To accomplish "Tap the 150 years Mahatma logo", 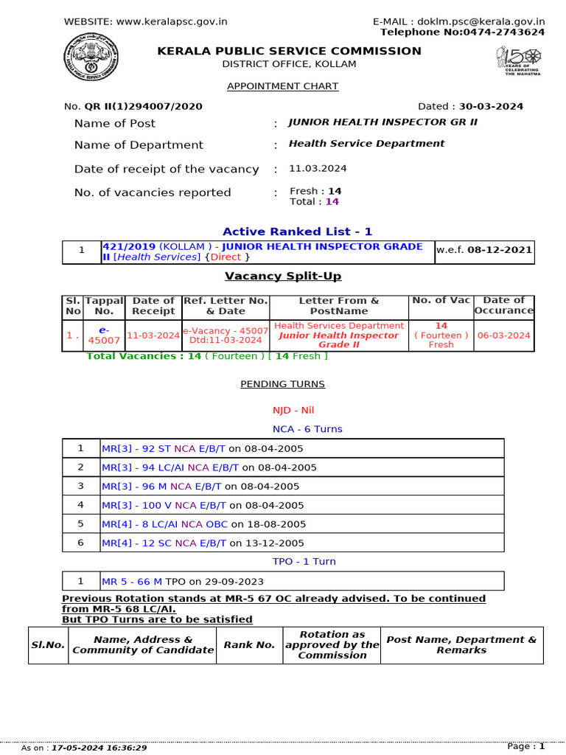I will (x=519, y=61).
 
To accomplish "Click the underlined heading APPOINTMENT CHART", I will (x=282, y=86).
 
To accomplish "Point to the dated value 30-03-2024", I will (x=493, y=106).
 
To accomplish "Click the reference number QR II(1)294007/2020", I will (x=143, y=106).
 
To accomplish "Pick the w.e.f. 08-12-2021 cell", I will (x=483, y=251).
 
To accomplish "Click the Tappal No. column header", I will (x=104, y=305).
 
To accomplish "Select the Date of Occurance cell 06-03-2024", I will (x=503, y=335).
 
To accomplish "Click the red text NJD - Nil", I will (x=282, y=410).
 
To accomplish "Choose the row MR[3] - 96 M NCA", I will (x=200, y=486).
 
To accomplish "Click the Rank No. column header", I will (x=249, y=645).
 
